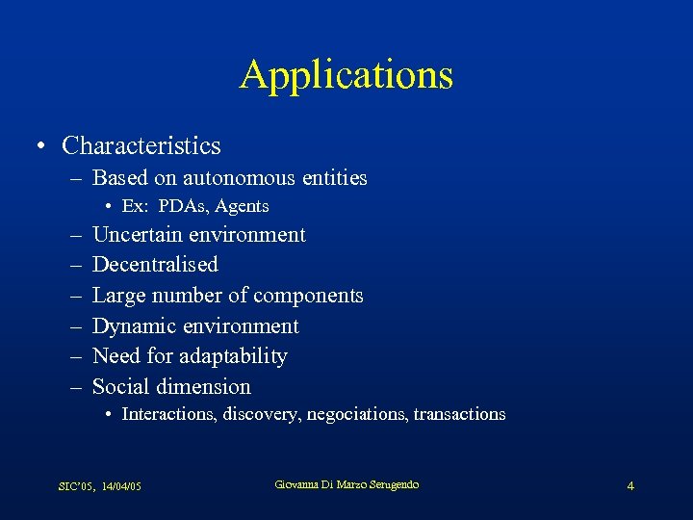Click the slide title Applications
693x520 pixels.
point(346,75)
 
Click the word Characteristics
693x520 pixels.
point(141,146)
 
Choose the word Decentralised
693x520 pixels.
point(155,265)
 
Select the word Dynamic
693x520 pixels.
point(134,326)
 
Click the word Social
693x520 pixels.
point(118,387)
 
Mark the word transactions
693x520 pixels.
point(459,414)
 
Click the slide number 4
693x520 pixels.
point(630,486)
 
